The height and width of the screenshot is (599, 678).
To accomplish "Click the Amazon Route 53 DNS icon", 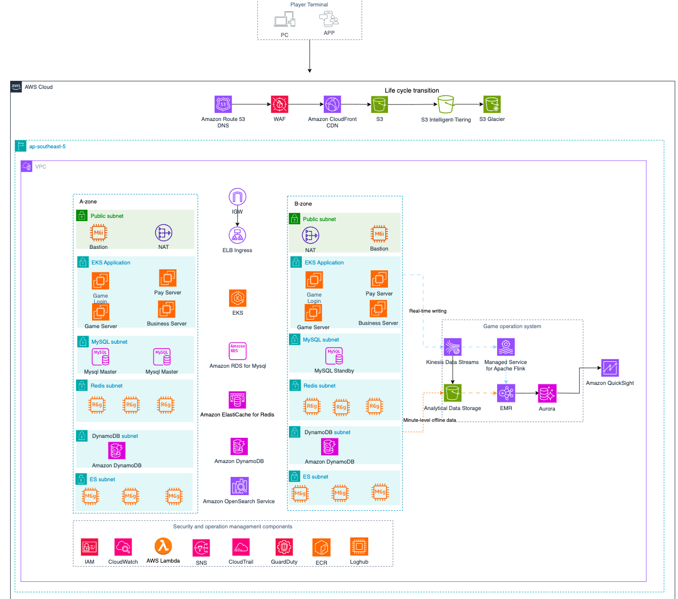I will point(223,104).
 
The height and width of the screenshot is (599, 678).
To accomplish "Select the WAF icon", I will point(279,104).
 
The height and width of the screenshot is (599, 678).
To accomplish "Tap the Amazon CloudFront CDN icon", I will point(332,104).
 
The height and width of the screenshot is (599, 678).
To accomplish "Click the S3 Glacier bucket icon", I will point(492,104).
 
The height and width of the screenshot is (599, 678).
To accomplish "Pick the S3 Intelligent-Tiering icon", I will point(446,104).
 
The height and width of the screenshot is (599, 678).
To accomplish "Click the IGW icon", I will point(237,197).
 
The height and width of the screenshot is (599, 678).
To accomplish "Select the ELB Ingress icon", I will point(237,236).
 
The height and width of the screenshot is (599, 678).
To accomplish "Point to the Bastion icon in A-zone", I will point(98,233).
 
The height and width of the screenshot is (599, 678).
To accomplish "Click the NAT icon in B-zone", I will point(310,236).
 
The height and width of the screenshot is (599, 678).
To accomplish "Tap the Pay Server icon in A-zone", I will point(167,278).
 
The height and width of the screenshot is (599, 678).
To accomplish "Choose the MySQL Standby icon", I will point(334,356).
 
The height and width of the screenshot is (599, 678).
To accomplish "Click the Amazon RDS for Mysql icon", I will point(238,351).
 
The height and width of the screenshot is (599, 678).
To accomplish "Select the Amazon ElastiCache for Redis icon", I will point(237,400).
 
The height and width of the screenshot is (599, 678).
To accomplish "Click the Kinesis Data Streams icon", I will point(453,347).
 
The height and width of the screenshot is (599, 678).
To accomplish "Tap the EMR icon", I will point(506,393).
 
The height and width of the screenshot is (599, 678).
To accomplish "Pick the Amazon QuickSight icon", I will point(610,368).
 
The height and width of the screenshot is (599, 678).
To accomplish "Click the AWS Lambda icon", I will point(163,547).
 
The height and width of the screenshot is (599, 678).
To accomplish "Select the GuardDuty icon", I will point(284,547).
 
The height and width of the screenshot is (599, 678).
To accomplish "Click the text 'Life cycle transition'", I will point(412,90).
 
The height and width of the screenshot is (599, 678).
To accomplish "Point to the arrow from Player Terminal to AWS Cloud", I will point(309,56).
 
